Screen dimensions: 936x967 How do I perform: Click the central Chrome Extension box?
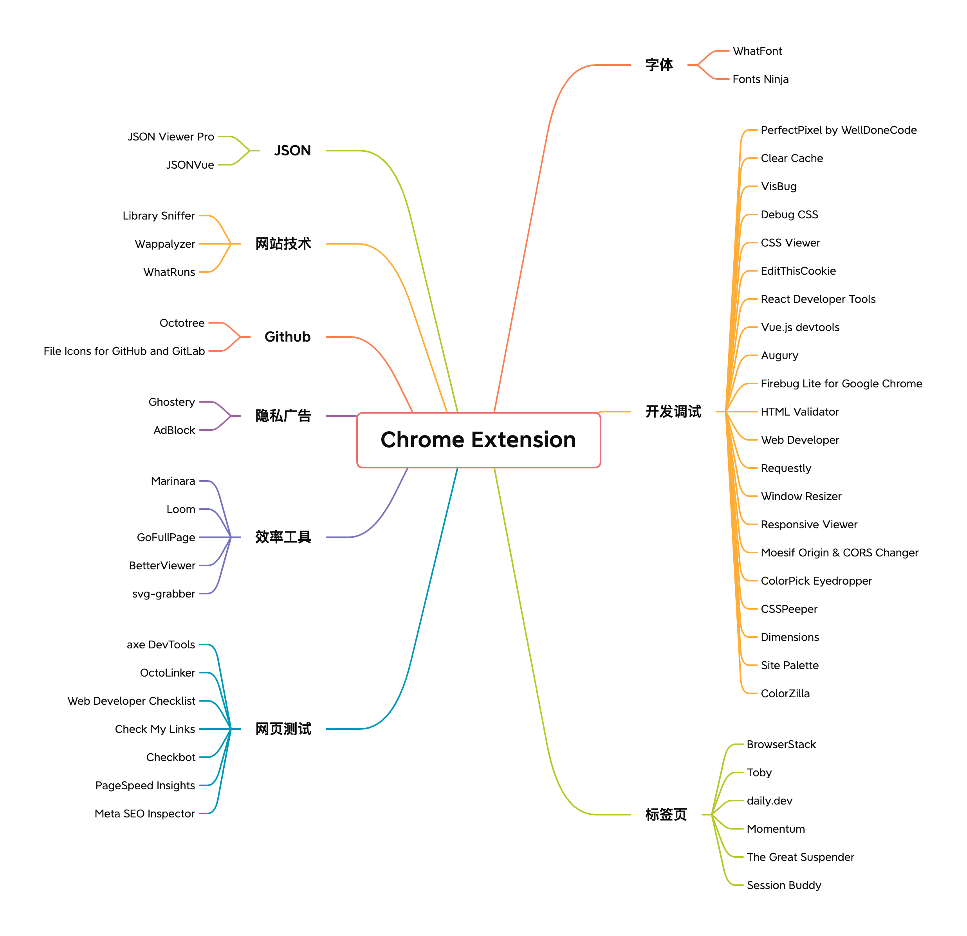pos(478,440)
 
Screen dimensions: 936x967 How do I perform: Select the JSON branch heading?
pos(292,150)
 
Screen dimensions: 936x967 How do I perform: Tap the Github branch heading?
pos(288,337)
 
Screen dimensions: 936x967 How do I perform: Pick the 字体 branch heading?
pos(659,65)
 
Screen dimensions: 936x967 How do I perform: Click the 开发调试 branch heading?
pos(673,411)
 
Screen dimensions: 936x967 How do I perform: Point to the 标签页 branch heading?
pos(666,814)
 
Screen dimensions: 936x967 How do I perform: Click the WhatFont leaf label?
pos(757,51)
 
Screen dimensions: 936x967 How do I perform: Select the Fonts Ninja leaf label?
pos(760,79)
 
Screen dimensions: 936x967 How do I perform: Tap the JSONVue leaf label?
pos(190,165)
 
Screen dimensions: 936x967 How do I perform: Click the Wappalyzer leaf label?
pos(165,244)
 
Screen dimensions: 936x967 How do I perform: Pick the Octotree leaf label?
pos(182,323)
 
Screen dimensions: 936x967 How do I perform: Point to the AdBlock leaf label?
pos(174,430)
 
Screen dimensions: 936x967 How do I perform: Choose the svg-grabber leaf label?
pos(163,594)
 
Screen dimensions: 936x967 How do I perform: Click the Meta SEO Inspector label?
pos(144,813)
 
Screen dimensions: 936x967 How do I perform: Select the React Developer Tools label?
pos(818,299)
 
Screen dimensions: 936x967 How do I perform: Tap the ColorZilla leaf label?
pos(785,693)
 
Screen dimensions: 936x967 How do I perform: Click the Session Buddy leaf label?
pos(784,885)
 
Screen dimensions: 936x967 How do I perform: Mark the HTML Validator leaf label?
pos(800,412)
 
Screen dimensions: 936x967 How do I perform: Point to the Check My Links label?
pos(155,729)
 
